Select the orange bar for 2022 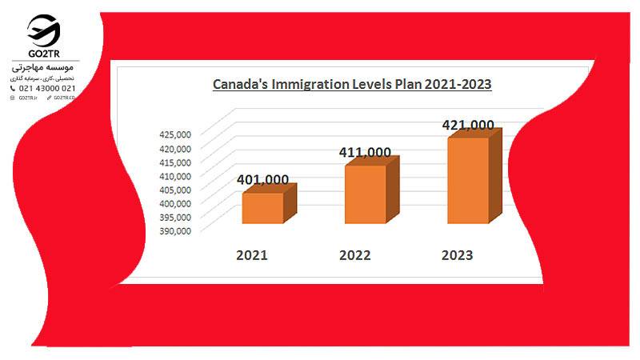coord(365,194)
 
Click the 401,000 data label coord(263,180)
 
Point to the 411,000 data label coord(365,152)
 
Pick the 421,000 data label coord(468,125)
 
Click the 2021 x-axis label coord(251,256)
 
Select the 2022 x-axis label coord(354,256)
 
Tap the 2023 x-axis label coord(457,256)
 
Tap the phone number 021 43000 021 coord(47,88)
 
